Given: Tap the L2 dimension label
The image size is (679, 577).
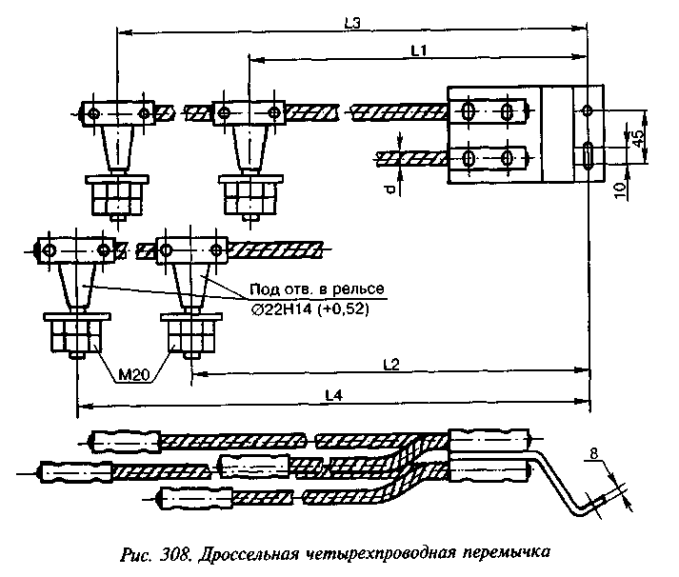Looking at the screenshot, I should click(389, 364).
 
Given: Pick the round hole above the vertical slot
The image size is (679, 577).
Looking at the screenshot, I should click(587, 112).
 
